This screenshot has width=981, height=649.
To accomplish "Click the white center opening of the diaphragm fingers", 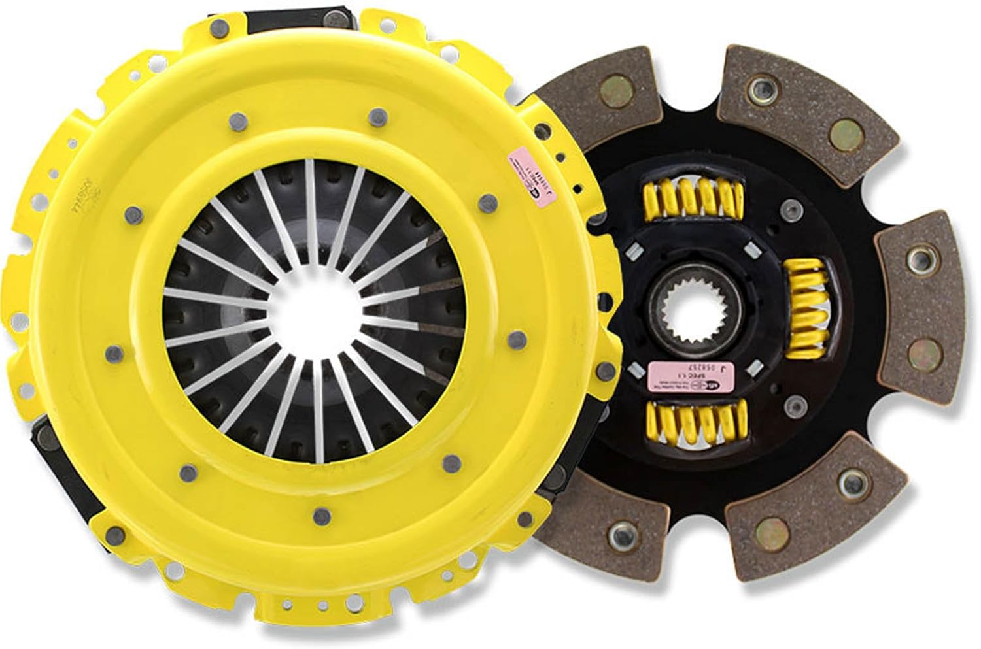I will pyautogui.click(x=314, y=307).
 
